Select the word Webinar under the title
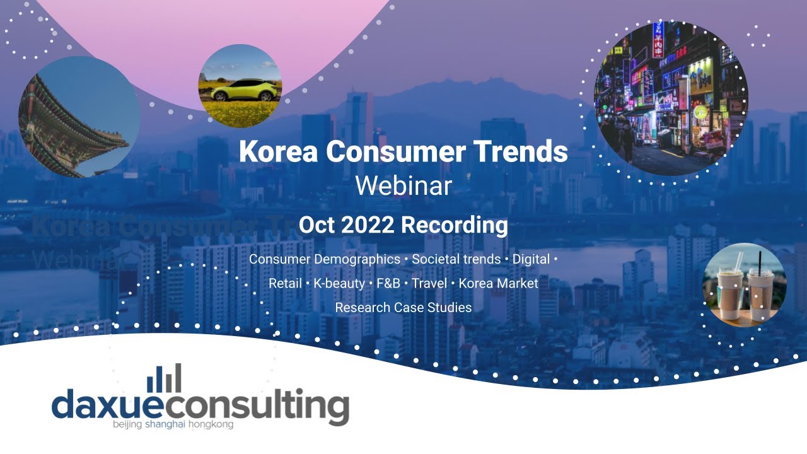click(x=403, y=186)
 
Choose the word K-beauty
click(x=339, y=283)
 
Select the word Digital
click(x=531, y=259)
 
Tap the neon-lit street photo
click(x=670, y=98)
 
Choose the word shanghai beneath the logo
click(x=165, y=424)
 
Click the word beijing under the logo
click(x=128, y=424)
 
